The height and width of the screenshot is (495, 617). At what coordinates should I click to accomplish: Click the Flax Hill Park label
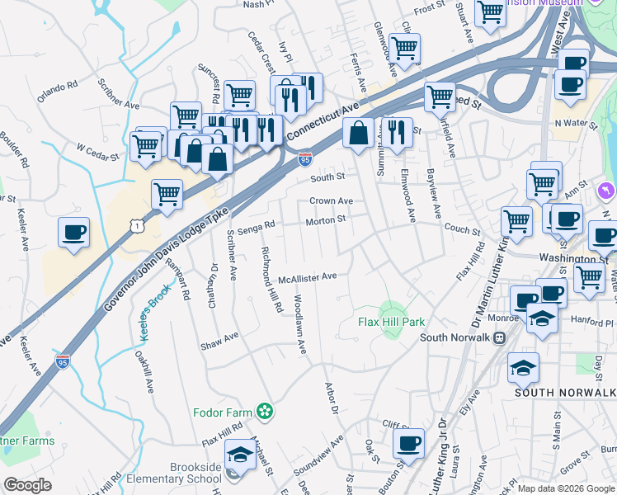(390, 321)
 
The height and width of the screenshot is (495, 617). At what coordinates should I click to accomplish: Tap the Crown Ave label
(331, 200)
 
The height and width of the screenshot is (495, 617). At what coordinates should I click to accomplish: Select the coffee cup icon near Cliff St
(408, 444)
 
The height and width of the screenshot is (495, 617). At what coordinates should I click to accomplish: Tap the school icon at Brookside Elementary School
(240, 455)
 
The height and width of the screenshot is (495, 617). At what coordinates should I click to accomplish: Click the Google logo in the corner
(27, 485)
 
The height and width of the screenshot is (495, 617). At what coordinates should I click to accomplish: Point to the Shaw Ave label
(219, 341)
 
